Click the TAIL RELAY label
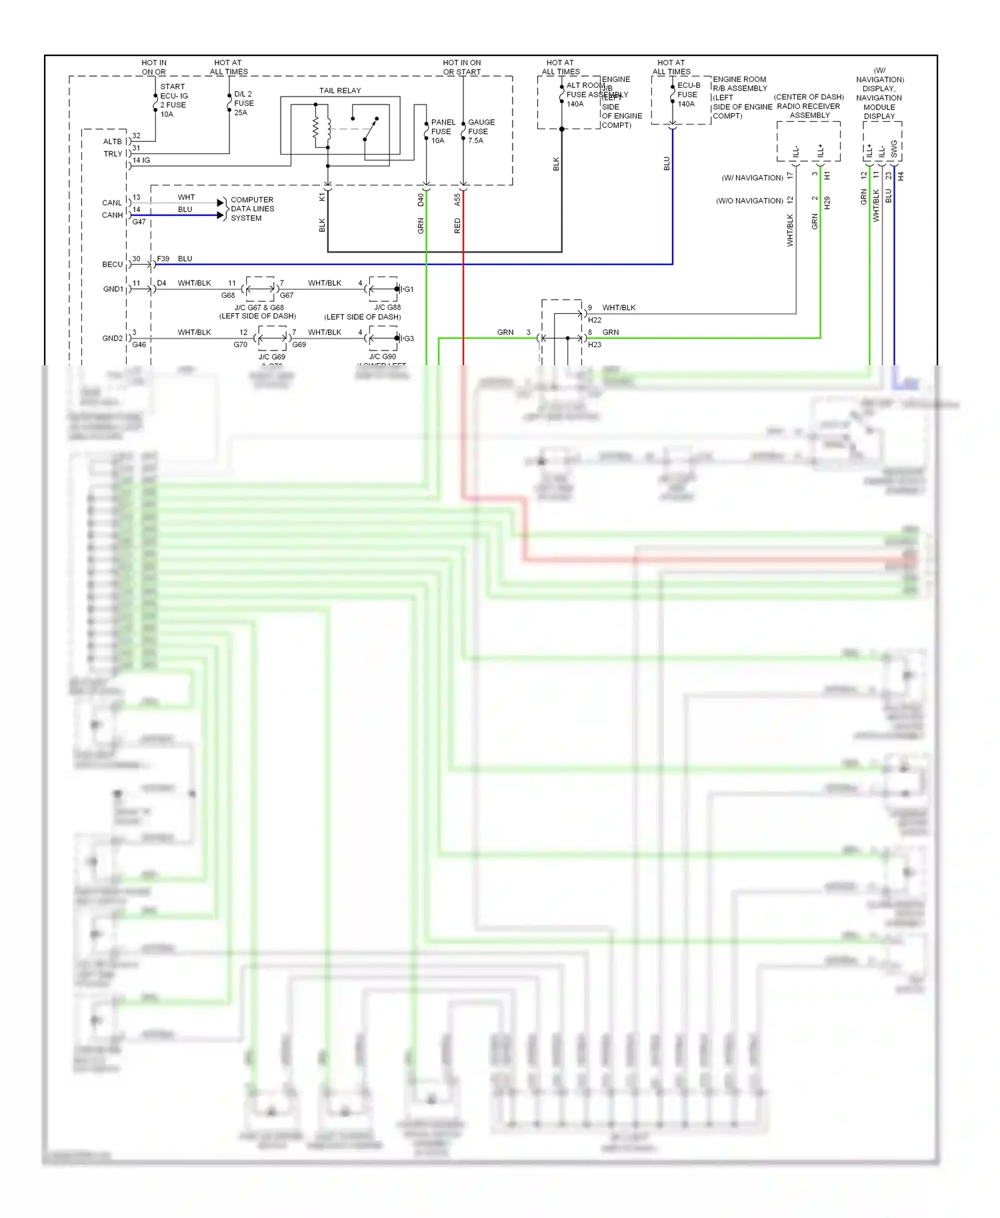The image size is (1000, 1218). pyautogui.click(x=339, y=91)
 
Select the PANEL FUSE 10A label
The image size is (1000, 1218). pyautogui.click(x=443, y=131)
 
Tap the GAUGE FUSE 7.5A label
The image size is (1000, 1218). pyautogui.click(x=481, y=131)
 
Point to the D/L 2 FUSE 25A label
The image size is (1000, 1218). pyautogui.click(x=243, y=103)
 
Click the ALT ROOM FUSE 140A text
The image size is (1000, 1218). pyautogui.click(x=585, y=95)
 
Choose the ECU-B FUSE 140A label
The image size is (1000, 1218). pyautogui.click(x=688, y=95)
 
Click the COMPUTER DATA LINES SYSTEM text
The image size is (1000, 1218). pyautogui.click(x=251, y=209)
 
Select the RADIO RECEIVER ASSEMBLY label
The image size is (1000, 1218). pyautogui.click(x=809, y=111)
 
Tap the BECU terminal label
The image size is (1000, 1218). pyautogui.click(x=112, y=265)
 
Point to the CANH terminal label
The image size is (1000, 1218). pyautogui.click(x=112, y=215)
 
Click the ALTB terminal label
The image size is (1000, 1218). pyautogui.click(x=112, y=141)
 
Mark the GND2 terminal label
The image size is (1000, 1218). pyautogui.click(x=112, y=338)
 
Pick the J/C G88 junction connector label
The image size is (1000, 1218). pyautogui.click(x=387, y=307)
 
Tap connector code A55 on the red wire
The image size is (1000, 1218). pyautogui.click(x=457, y=200)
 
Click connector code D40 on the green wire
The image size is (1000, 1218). pyautogui.click(x=421, y=200)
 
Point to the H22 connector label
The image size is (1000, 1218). pyautogui.click(x=594, y=320)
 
